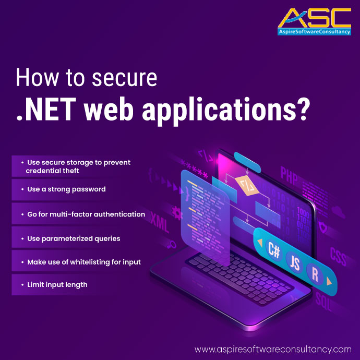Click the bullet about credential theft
79,166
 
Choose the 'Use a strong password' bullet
66,189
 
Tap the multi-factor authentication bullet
86,214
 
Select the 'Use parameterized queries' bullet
74,238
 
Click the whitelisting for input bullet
84,262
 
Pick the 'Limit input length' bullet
57,285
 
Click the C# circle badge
274,249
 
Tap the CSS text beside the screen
339,254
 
